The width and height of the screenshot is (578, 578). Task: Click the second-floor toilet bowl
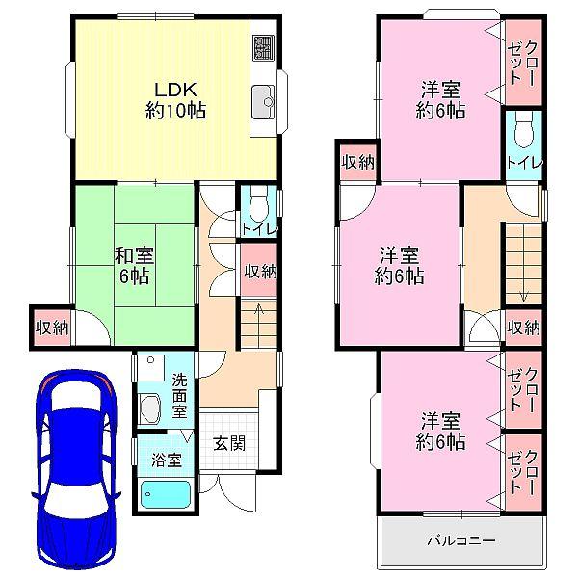tap(522, 132)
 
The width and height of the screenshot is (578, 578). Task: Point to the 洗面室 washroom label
tap(179, 394)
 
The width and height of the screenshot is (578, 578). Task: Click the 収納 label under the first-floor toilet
tap(260, 272)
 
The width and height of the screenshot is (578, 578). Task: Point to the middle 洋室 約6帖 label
tap(398, 266)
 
